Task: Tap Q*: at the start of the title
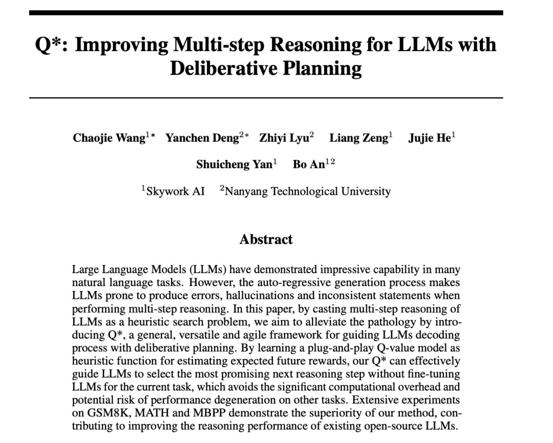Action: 51,45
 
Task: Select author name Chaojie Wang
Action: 109,139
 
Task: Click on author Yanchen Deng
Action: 202,139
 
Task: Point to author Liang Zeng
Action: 358,139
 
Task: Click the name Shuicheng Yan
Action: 234,165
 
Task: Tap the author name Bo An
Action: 309,165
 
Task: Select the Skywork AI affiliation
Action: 175,192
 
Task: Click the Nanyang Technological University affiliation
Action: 307,192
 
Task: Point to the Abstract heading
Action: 266,239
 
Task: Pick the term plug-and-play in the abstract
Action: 248,349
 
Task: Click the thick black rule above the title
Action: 266,13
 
